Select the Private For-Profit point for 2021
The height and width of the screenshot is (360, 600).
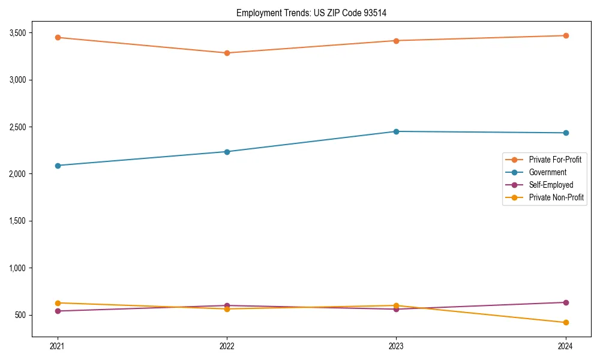(x=58, y=37)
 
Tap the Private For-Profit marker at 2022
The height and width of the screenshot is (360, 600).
(x=227, y=53)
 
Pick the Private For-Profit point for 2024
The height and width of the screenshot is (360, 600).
(x=566, y=35)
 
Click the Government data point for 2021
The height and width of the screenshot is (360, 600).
(x=58, y=166)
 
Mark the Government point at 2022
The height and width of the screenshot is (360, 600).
(x=227, y=152)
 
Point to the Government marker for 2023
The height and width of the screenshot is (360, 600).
(x=396, y=131)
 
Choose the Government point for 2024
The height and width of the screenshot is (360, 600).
(x=566, y=133)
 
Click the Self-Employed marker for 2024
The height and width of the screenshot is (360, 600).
(x=566, y=302)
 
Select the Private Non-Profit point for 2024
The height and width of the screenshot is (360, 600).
(x=566, y=322)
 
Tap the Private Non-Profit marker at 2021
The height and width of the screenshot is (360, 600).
(x=58, y=303)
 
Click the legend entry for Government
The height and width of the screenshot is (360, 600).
(x=547, y=172)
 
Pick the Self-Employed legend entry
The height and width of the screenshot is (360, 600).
(x=551, y=185)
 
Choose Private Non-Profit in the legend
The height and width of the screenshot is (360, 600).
(x=556, y=197)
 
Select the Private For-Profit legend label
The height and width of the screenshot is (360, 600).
(x=555, y=160)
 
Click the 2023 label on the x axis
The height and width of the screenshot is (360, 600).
(x=396, y=346)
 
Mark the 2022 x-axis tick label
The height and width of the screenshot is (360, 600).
(x=227, y=346)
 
